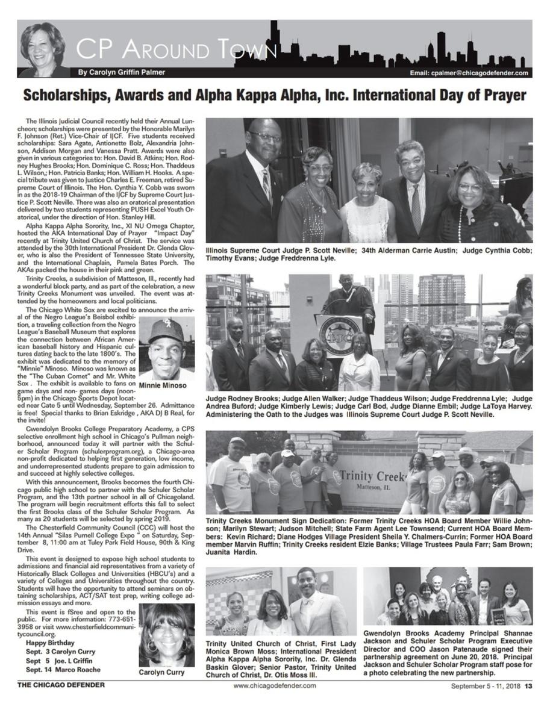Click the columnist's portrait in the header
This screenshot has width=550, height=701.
(x=42, y=49)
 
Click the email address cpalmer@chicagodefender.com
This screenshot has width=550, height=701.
(x=469, y=73)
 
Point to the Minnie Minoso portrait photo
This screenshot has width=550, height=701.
(x=166, y=348)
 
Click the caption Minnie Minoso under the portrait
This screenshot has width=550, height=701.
(x=166, y=385)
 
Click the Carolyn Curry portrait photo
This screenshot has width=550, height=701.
(x=166, y=635)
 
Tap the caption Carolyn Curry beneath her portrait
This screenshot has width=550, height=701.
(x=166, y=672)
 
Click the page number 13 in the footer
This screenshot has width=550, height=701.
(x=528, y=685)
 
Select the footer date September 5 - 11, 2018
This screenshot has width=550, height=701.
(x=486, y=685)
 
